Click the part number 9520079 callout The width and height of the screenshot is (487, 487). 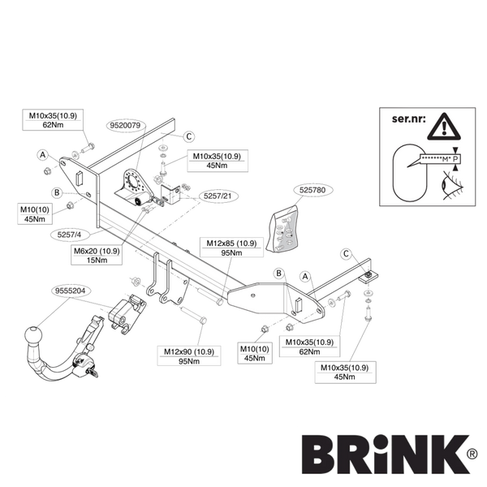pos(125,126)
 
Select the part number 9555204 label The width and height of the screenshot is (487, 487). pos(68,291)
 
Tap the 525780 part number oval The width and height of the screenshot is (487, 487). pos(312,190)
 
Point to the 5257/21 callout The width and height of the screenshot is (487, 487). pos(218,196)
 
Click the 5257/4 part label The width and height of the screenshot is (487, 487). pos(69,235)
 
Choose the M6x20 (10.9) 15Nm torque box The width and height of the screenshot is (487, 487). pos(97,256)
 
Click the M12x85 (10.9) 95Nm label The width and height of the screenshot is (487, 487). pos(231,248)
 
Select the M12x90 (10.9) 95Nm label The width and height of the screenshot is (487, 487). pos(189,356)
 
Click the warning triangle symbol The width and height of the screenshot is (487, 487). pos(444,127)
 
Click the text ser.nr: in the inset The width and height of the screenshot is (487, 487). pos(409,119)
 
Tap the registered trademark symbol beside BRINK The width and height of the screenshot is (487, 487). pos(471,455)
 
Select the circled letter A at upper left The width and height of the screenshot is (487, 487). pos(42,155)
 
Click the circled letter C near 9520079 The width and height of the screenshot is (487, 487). pos(188,136)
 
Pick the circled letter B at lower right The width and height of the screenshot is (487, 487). pos(278,274)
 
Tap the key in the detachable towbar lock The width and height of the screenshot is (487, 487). pos(92,371)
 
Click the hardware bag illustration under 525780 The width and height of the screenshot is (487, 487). pos(282,229)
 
